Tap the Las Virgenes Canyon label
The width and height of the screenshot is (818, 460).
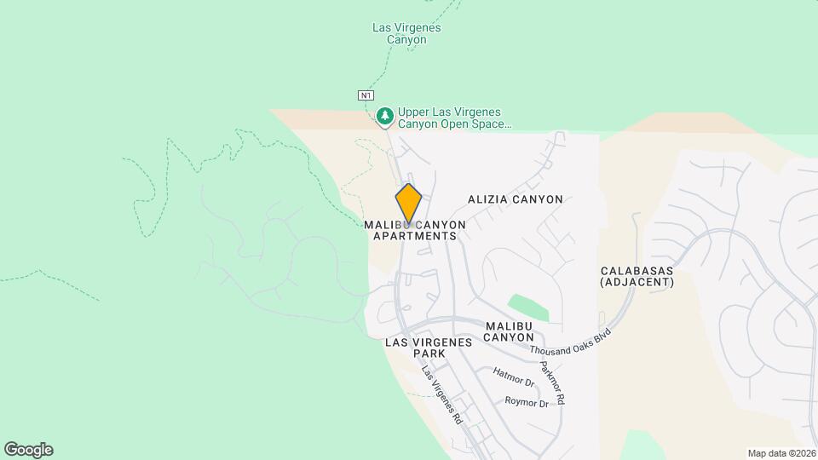click(x=406, y=33)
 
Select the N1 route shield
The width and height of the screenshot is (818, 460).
click(x=366, y=95)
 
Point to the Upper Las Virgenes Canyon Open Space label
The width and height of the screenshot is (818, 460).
click(x=454, y=118)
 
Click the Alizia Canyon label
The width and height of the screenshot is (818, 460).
click(x=515, y=199)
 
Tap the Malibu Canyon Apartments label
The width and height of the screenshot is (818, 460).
click(x=415, y=230)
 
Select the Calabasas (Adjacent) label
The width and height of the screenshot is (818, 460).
click(x=637, y=276)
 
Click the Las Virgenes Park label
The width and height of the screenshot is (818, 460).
click(x=429, y=348)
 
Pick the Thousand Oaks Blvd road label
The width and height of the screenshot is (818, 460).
click(x=570, y=342)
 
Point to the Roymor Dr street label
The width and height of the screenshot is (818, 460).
click(x=527, y=402)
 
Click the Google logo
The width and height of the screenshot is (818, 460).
click(x=28, y=450)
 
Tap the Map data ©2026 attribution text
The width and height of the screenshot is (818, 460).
click(x=781, y=453)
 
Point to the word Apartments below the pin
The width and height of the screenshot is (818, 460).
click(x=415, y=236)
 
